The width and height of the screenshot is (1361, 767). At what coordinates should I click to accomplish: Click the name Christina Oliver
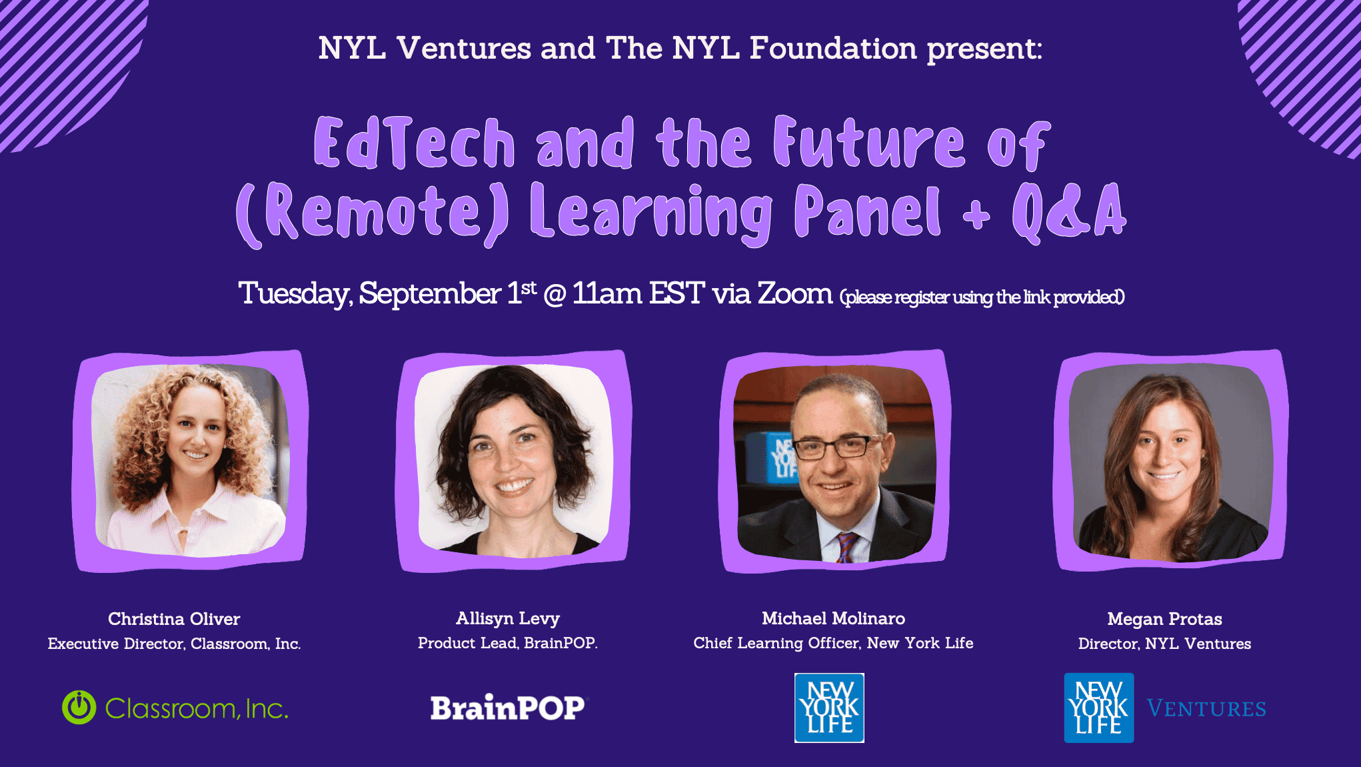(174, 619)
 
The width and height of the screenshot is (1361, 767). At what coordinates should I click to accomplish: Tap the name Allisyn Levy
(508, 619)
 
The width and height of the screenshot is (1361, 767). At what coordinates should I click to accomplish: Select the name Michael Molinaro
(833, 618)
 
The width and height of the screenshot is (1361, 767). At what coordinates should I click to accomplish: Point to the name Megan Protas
(1164, 619)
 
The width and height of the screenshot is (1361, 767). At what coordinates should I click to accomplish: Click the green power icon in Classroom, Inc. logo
(79, 707)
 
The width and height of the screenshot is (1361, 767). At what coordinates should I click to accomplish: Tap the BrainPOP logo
(508, 708)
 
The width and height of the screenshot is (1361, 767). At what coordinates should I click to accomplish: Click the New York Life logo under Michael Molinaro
(829, 708)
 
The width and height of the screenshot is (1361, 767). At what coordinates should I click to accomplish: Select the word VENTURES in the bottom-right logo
(1206, 708)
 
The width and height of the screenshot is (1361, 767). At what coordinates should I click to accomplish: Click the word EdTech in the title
(414, 142)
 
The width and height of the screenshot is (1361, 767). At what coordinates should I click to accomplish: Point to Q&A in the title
(1069, 211)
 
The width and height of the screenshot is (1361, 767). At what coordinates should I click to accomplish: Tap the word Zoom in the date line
(794, 293)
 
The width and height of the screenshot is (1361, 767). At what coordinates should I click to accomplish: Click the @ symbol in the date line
(555, 295)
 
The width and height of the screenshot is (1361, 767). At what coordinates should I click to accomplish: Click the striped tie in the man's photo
(846, 548)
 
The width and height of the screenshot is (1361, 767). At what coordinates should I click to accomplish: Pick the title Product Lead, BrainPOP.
(508, 643)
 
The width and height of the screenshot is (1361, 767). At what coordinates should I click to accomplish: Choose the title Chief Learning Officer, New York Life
(833, 643)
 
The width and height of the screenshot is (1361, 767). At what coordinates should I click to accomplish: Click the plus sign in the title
(976, 216)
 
